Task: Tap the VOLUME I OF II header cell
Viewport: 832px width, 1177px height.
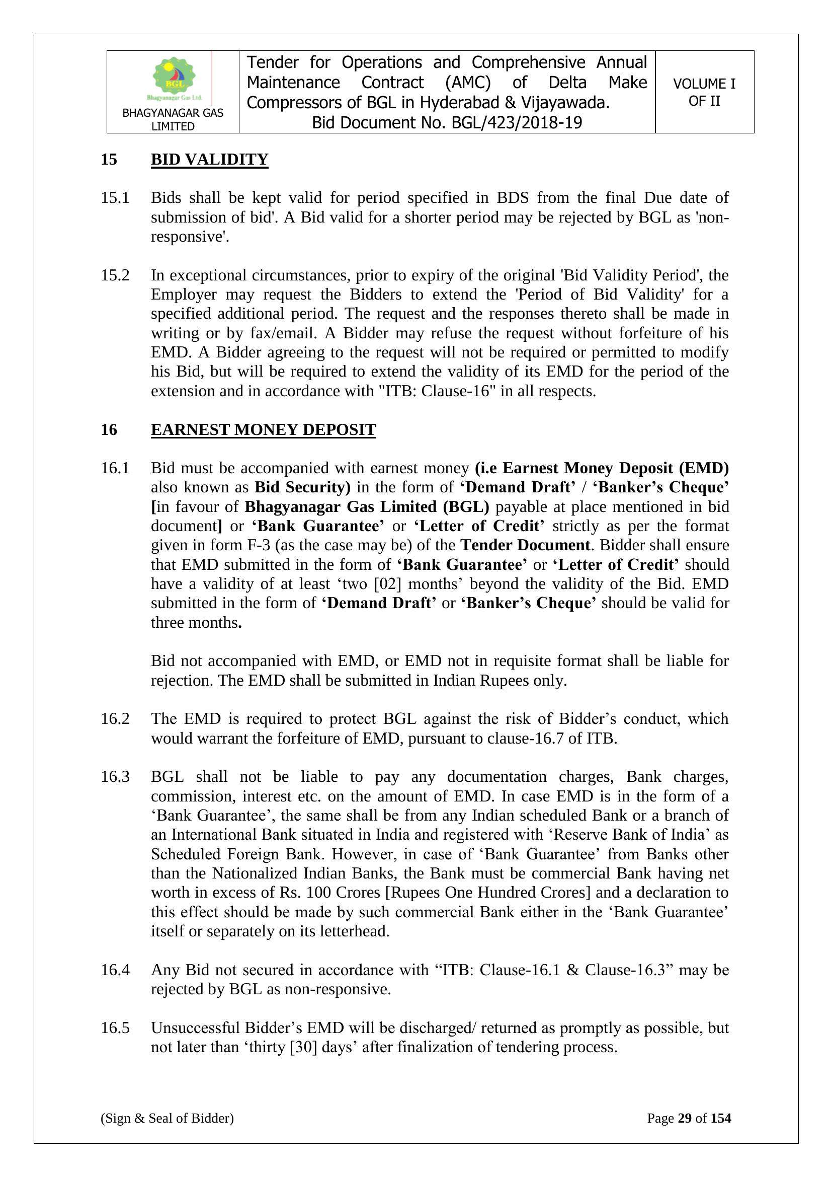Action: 704,92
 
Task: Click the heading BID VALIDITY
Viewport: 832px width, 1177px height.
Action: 209,160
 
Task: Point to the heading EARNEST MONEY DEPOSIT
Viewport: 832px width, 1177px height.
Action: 263,429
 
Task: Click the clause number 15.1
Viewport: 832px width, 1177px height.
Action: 115,197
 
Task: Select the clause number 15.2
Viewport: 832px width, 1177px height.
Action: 115,275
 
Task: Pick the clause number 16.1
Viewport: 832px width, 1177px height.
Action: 115,468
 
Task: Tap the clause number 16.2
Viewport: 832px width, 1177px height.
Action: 115,719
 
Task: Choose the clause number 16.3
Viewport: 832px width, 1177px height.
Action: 115,777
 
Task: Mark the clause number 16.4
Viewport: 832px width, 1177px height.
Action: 115,970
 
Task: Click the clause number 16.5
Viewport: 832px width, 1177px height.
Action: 115,1028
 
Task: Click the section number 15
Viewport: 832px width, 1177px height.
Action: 109,160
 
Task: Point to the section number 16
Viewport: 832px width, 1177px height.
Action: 109,429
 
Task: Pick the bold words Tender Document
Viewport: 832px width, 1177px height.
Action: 525,545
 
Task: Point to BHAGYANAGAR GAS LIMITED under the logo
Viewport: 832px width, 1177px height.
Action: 173,119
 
